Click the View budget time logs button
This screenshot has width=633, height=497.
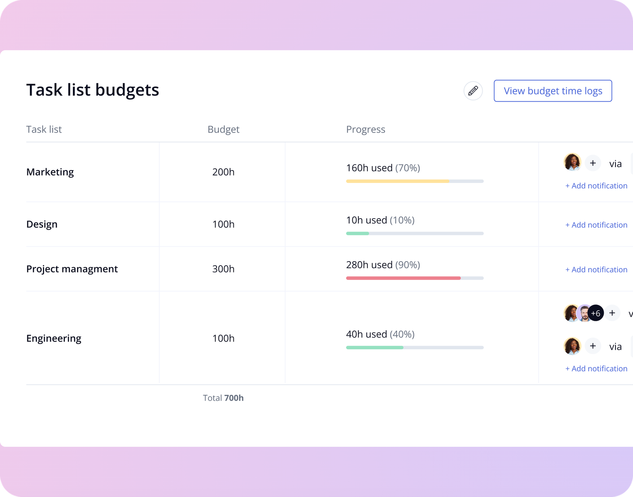(x=553, y=91)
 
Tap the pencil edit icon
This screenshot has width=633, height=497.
(x=473, y=91)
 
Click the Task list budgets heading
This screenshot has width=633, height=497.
(x=93, y=90)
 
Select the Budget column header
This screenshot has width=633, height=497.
(x=223, y=129)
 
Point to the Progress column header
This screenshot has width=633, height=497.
(x=365, y=129)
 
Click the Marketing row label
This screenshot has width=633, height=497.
(x=50, y=172)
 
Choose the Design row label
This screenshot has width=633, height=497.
(x=42, y=224)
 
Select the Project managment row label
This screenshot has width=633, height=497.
(x=72, y=269)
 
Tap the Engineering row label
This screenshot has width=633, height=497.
(x=54, y=338)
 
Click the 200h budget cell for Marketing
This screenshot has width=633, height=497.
(x=223, y=172)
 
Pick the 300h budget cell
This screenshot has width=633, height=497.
(x=223, y=269)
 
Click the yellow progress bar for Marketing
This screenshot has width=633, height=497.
(x=398, y=181)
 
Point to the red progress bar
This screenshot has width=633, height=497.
(x=403, y=278)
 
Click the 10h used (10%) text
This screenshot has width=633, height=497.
(x=380, y=220)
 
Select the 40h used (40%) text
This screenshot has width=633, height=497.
(x=380, y=334)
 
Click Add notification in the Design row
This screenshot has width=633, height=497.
(x=596, y=225)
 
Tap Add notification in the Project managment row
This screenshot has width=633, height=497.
(x=596, y=269)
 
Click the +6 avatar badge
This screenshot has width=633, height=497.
(x=596, y=313)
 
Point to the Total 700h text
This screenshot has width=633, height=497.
(x=223, y=398)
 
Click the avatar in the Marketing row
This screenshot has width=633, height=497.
(x=572, y=162)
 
